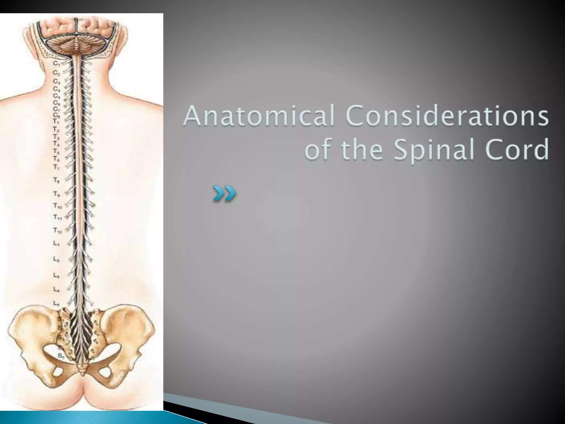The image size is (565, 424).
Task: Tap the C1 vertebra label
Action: coord(56,63)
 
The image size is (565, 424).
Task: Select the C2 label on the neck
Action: coord(56,73)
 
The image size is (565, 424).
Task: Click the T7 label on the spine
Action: coord(56,167)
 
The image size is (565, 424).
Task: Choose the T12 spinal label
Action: coord(57,230)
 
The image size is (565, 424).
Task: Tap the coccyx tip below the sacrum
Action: coord(82,371)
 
